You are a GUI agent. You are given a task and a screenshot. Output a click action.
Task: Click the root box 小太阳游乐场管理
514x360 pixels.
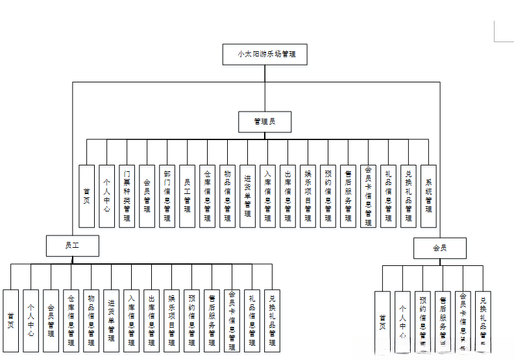264,54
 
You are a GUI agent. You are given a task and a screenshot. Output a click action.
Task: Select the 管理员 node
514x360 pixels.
264,121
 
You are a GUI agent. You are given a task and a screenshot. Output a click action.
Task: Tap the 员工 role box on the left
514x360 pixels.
72,245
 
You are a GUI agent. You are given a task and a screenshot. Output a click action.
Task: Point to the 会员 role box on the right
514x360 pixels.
440,248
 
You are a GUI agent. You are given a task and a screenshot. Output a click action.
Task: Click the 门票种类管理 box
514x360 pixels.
127,195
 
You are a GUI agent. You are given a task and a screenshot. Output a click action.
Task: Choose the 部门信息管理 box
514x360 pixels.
167,195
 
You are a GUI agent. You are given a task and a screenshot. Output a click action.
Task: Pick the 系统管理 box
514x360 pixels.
428,195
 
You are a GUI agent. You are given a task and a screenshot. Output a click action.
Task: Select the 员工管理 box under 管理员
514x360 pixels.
188,195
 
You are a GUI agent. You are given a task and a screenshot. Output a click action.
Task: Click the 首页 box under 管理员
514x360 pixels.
87,195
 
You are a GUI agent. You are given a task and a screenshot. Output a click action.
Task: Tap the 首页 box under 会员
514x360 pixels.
383,321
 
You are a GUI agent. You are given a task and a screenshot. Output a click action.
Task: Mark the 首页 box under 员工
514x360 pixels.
11,320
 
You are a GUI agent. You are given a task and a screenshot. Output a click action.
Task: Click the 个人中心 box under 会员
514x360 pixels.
403,321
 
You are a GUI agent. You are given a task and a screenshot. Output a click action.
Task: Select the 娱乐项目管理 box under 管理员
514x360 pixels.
308,195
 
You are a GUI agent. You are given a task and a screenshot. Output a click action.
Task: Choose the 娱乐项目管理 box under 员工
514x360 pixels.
171,320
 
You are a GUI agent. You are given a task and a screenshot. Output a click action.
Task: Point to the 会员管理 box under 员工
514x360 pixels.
51,320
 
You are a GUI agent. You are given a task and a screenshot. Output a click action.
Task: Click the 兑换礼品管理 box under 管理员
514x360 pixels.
408,195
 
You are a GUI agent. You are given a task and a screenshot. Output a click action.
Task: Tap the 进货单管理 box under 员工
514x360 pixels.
112,320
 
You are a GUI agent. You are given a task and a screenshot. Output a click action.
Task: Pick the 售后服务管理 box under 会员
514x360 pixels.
443,321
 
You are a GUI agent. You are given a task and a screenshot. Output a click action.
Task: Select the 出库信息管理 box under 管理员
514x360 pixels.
288,195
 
